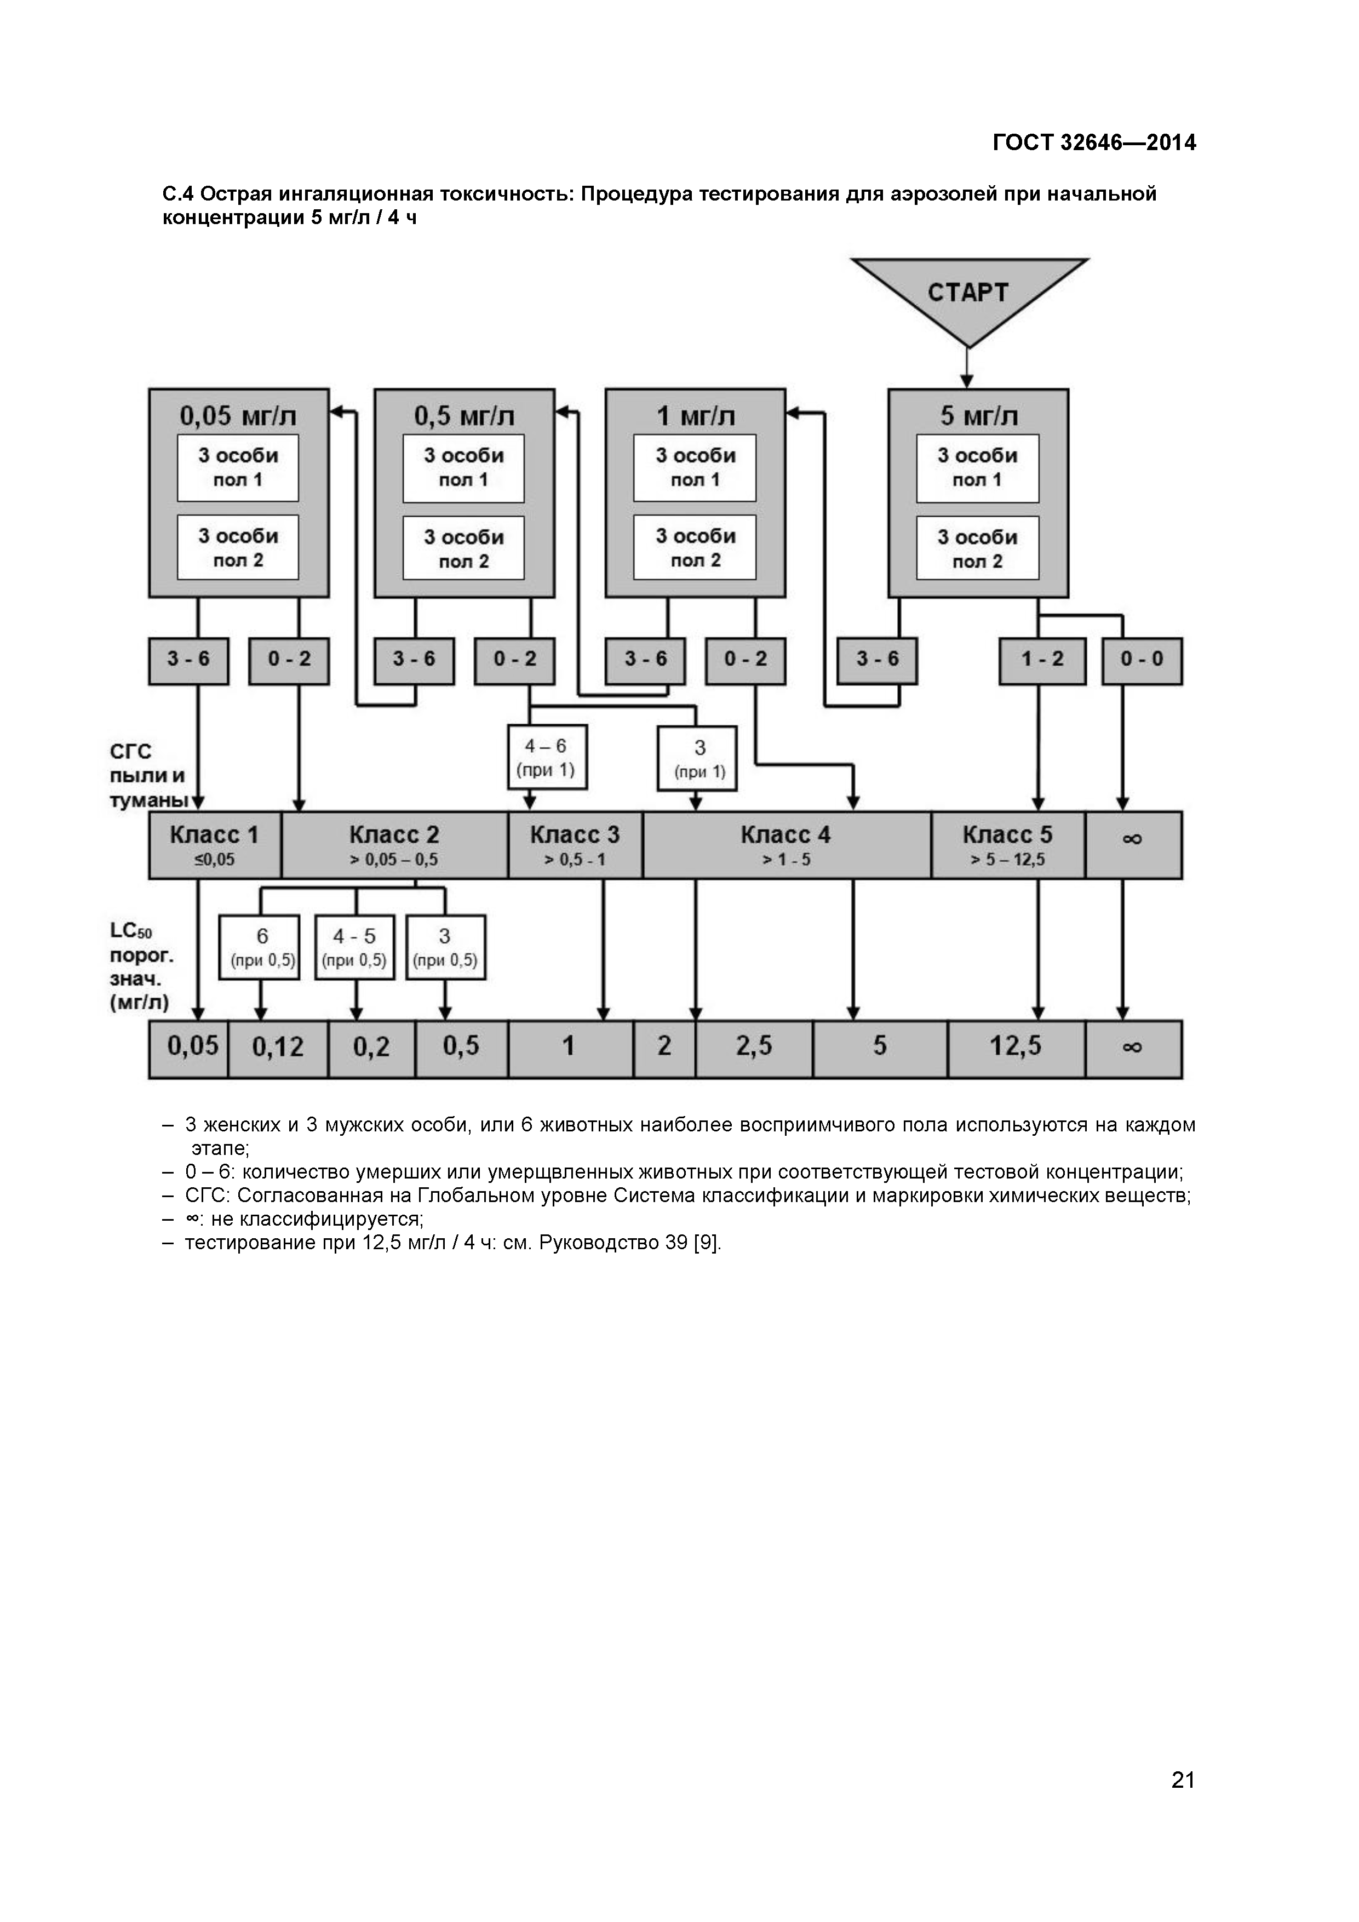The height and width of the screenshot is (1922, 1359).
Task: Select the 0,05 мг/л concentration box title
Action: (x=238, y=415)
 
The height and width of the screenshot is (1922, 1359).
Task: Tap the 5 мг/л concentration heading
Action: (x=978, y=415)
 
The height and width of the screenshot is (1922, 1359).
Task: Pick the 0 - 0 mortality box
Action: (x=1142, y=660)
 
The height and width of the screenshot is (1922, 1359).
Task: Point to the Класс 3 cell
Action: (x=575, y=845)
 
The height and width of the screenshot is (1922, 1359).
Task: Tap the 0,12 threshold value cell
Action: (x=278, y=1047)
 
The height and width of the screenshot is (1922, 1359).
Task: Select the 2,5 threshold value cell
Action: (x=753, y=1046)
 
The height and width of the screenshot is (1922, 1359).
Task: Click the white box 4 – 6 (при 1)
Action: (x=547, y=757)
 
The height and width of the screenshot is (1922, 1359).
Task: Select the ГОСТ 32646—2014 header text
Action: (x=1094, y=143)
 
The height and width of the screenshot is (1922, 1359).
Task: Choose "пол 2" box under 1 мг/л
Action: (x=695, y=548)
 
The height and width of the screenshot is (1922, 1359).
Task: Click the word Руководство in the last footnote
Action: (x=598, y=1242)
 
